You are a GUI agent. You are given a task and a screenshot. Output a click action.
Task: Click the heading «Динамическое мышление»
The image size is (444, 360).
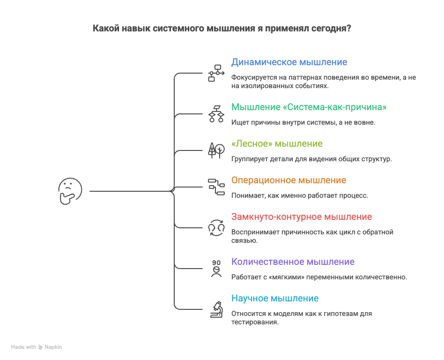[289, 62]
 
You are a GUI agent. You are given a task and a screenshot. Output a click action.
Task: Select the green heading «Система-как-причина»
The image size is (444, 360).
[309, 107]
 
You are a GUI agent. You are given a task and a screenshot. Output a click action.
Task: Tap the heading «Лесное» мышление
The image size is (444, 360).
[277, 143]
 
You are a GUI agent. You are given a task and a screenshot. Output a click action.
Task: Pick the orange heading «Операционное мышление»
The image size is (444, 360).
[289, 180]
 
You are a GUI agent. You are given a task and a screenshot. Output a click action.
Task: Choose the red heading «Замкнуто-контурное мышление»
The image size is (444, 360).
[302, 217]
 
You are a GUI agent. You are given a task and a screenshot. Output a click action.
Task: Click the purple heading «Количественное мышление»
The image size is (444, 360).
[293, 262]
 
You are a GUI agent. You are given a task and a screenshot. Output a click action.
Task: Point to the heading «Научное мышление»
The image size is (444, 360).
[275, 299]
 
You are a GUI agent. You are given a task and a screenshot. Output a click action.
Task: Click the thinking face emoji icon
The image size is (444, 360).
[70, 191]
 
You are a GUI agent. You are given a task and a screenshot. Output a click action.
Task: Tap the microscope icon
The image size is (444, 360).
[216, 309]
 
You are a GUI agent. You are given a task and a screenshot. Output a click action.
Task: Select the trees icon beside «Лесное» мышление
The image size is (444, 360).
[216, 149]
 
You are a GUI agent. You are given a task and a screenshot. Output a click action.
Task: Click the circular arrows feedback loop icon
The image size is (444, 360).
[216, 227]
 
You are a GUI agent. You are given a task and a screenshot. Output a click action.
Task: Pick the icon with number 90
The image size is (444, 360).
[216, 268]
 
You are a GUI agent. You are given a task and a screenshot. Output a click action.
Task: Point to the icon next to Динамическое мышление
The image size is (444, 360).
[216, 73]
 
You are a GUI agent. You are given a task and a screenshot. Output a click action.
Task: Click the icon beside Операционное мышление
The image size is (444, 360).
[216, 186]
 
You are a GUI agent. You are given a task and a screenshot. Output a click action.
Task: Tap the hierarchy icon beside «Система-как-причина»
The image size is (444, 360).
[216, 113]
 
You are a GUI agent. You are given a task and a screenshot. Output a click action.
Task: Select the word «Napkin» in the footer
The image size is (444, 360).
[53, 347]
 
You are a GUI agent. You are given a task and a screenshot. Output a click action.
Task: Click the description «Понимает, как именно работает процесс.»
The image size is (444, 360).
[299, 195]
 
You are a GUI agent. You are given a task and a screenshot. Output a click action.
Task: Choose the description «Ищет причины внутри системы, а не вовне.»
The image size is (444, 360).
[303, 122]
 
